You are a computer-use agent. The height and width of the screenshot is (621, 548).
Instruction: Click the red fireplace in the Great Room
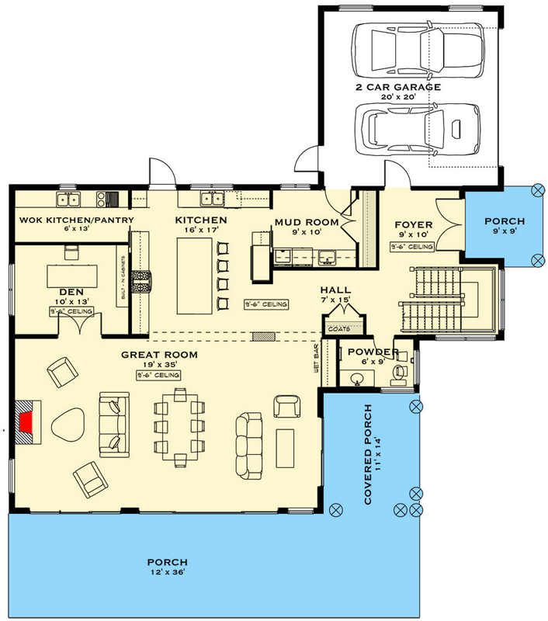click(27, 423)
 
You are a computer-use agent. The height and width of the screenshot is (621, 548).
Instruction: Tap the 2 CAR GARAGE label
click(398, 88)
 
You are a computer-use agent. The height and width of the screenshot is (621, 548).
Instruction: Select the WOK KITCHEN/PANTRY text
click(76, 220)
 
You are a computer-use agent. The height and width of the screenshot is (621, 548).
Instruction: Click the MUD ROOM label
click(306, 223)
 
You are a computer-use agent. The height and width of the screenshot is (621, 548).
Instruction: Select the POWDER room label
click(373, 352)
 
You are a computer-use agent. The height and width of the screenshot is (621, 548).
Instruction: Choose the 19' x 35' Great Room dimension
click(158, 365)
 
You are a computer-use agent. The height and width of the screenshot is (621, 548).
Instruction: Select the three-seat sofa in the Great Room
click(249, 446)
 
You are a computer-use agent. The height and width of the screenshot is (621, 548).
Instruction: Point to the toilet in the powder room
click(401, 372)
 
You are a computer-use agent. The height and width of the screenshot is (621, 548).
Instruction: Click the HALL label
click(335, 290)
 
